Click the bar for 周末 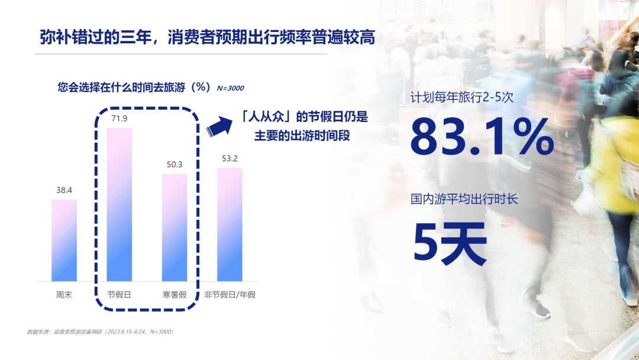[x=64, y=240]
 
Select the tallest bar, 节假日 [x=120, y=205]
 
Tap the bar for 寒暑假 [x=175, y=227]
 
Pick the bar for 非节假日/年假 [x=230, y=224]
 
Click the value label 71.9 [x=120, y=118]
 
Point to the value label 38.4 [x=64, y=190]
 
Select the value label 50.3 [x=175, y=165]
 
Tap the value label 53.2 [x=230, y=159]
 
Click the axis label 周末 [x=64, y=295]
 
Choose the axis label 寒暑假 [x=175, y=295]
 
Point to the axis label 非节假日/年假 [x=230, y=295]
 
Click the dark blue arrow [x=220, y=126]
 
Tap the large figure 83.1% [x=482, y=136]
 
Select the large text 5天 [x=450, y=243]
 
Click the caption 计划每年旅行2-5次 [x=461, y=98]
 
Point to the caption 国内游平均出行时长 [x=464, y=199]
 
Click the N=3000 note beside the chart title [x=230, y=88]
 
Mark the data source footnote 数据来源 [x=100, y=332]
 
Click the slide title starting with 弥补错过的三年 [x=208, y=37]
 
